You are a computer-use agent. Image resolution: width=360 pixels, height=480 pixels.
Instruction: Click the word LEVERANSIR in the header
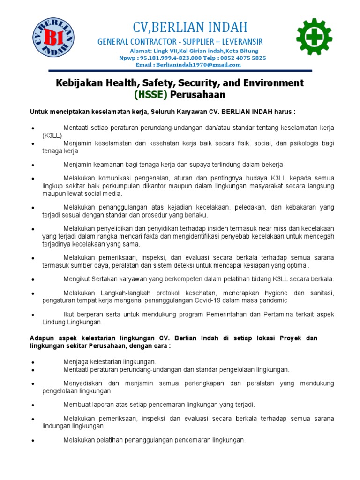tap(240, 42)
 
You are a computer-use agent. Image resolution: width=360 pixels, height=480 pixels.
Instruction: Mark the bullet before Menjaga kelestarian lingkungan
tap(31, 362)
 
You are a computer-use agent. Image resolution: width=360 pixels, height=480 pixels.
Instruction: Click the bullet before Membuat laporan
tap(31, 405)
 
